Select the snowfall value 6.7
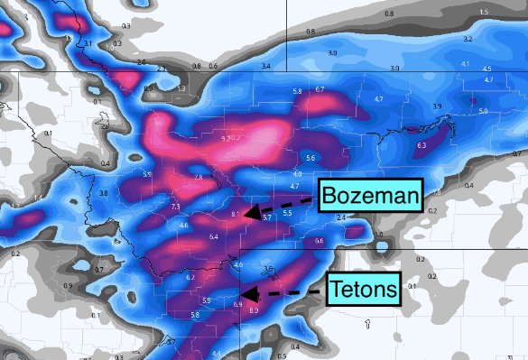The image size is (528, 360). tap(319, 89)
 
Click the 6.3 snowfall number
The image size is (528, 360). tap(421, 144)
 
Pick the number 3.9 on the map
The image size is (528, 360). tap(437, 106)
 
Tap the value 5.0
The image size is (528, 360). tap(483, 111)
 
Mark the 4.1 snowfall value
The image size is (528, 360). tap(466, 64)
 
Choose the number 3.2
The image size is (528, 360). tap(468, 40)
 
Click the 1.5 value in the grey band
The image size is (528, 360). tap(484, 12)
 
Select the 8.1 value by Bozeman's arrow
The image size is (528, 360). tap(235, 214)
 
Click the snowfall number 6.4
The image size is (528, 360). tap(214, 236)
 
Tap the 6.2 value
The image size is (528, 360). tap(190, 277)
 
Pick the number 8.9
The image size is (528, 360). tap(254, 311)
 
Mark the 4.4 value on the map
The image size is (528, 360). tap(216, 354)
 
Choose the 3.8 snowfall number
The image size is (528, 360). tap(103, 193)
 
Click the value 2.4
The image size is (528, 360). tap(340, 218)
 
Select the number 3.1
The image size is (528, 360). tap(88, 44)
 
